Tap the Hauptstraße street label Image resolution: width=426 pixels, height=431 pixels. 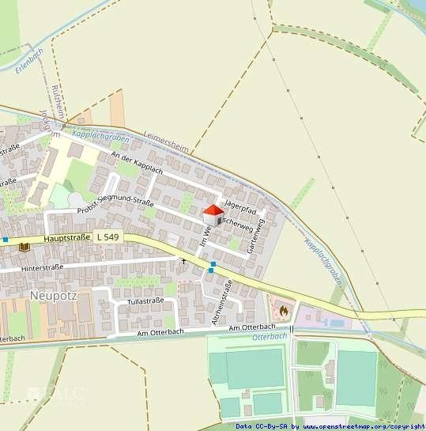tap(64, 237)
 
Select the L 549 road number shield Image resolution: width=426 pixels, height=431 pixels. tap(107, 237)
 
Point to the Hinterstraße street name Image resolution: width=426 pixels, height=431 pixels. tap(43, 268)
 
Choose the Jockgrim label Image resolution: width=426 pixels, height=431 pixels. tap(55, 126)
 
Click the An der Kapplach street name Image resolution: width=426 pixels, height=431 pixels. tap(138, 164)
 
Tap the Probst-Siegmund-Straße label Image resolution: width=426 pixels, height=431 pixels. tap(115, 196)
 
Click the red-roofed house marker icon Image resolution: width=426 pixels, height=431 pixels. tap(213, 214)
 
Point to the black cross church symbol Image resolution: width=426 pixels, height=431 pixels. tap(184, 260)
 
